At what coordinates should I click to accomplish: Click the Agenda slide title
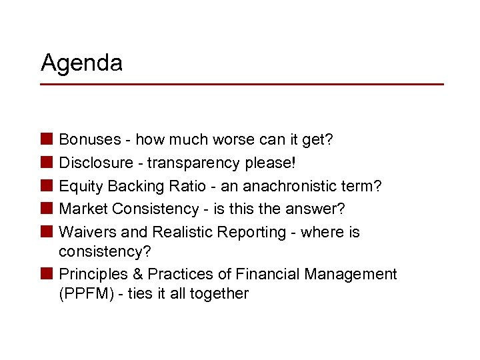[x=81, y=63]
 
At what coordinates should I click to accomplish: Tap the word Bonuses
[x=90, y=140]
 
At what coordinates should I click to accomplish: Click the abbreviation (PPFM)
[x=86, y=293]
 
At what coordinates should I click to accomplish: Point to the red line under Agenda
[x=241, y=84]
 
